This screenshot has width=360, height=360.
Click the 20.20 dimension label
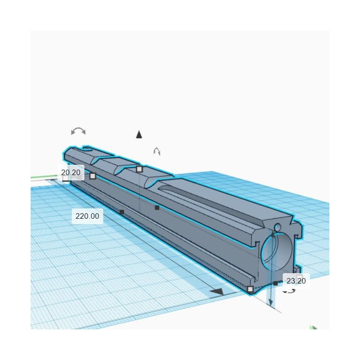[71, 172]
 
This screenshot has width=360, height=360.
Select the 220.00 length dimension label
[87, 216]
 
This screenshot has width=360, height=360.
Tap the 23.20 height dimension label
[296, 281]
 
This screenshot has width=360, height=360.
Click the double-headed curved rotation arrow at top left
[78, 131]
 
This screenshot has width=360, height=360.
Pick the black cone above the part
[139, 134]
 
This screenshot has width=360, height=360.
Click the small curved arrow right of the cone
[157, 151]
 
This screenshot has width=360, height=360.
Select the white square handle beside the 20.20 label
[93, 176]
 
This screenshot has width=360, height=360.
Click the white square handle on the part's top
[139, 169]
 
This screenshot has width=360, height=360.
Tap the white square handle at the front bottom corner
[251, 289]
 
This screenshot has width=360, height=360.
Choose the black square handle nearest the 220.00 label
[121, 211]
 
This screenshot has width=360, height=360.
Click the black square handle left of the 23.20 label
[275, 283]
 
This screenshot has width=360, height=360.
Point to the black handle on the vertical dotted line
[157, 207]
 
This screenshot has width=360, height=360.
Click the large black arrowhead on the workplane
[217, 292]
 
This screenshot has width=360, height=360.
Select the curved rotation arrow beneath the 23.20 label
[289, 292]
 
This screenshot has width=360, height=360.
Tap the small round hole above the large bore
[277, 226]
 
